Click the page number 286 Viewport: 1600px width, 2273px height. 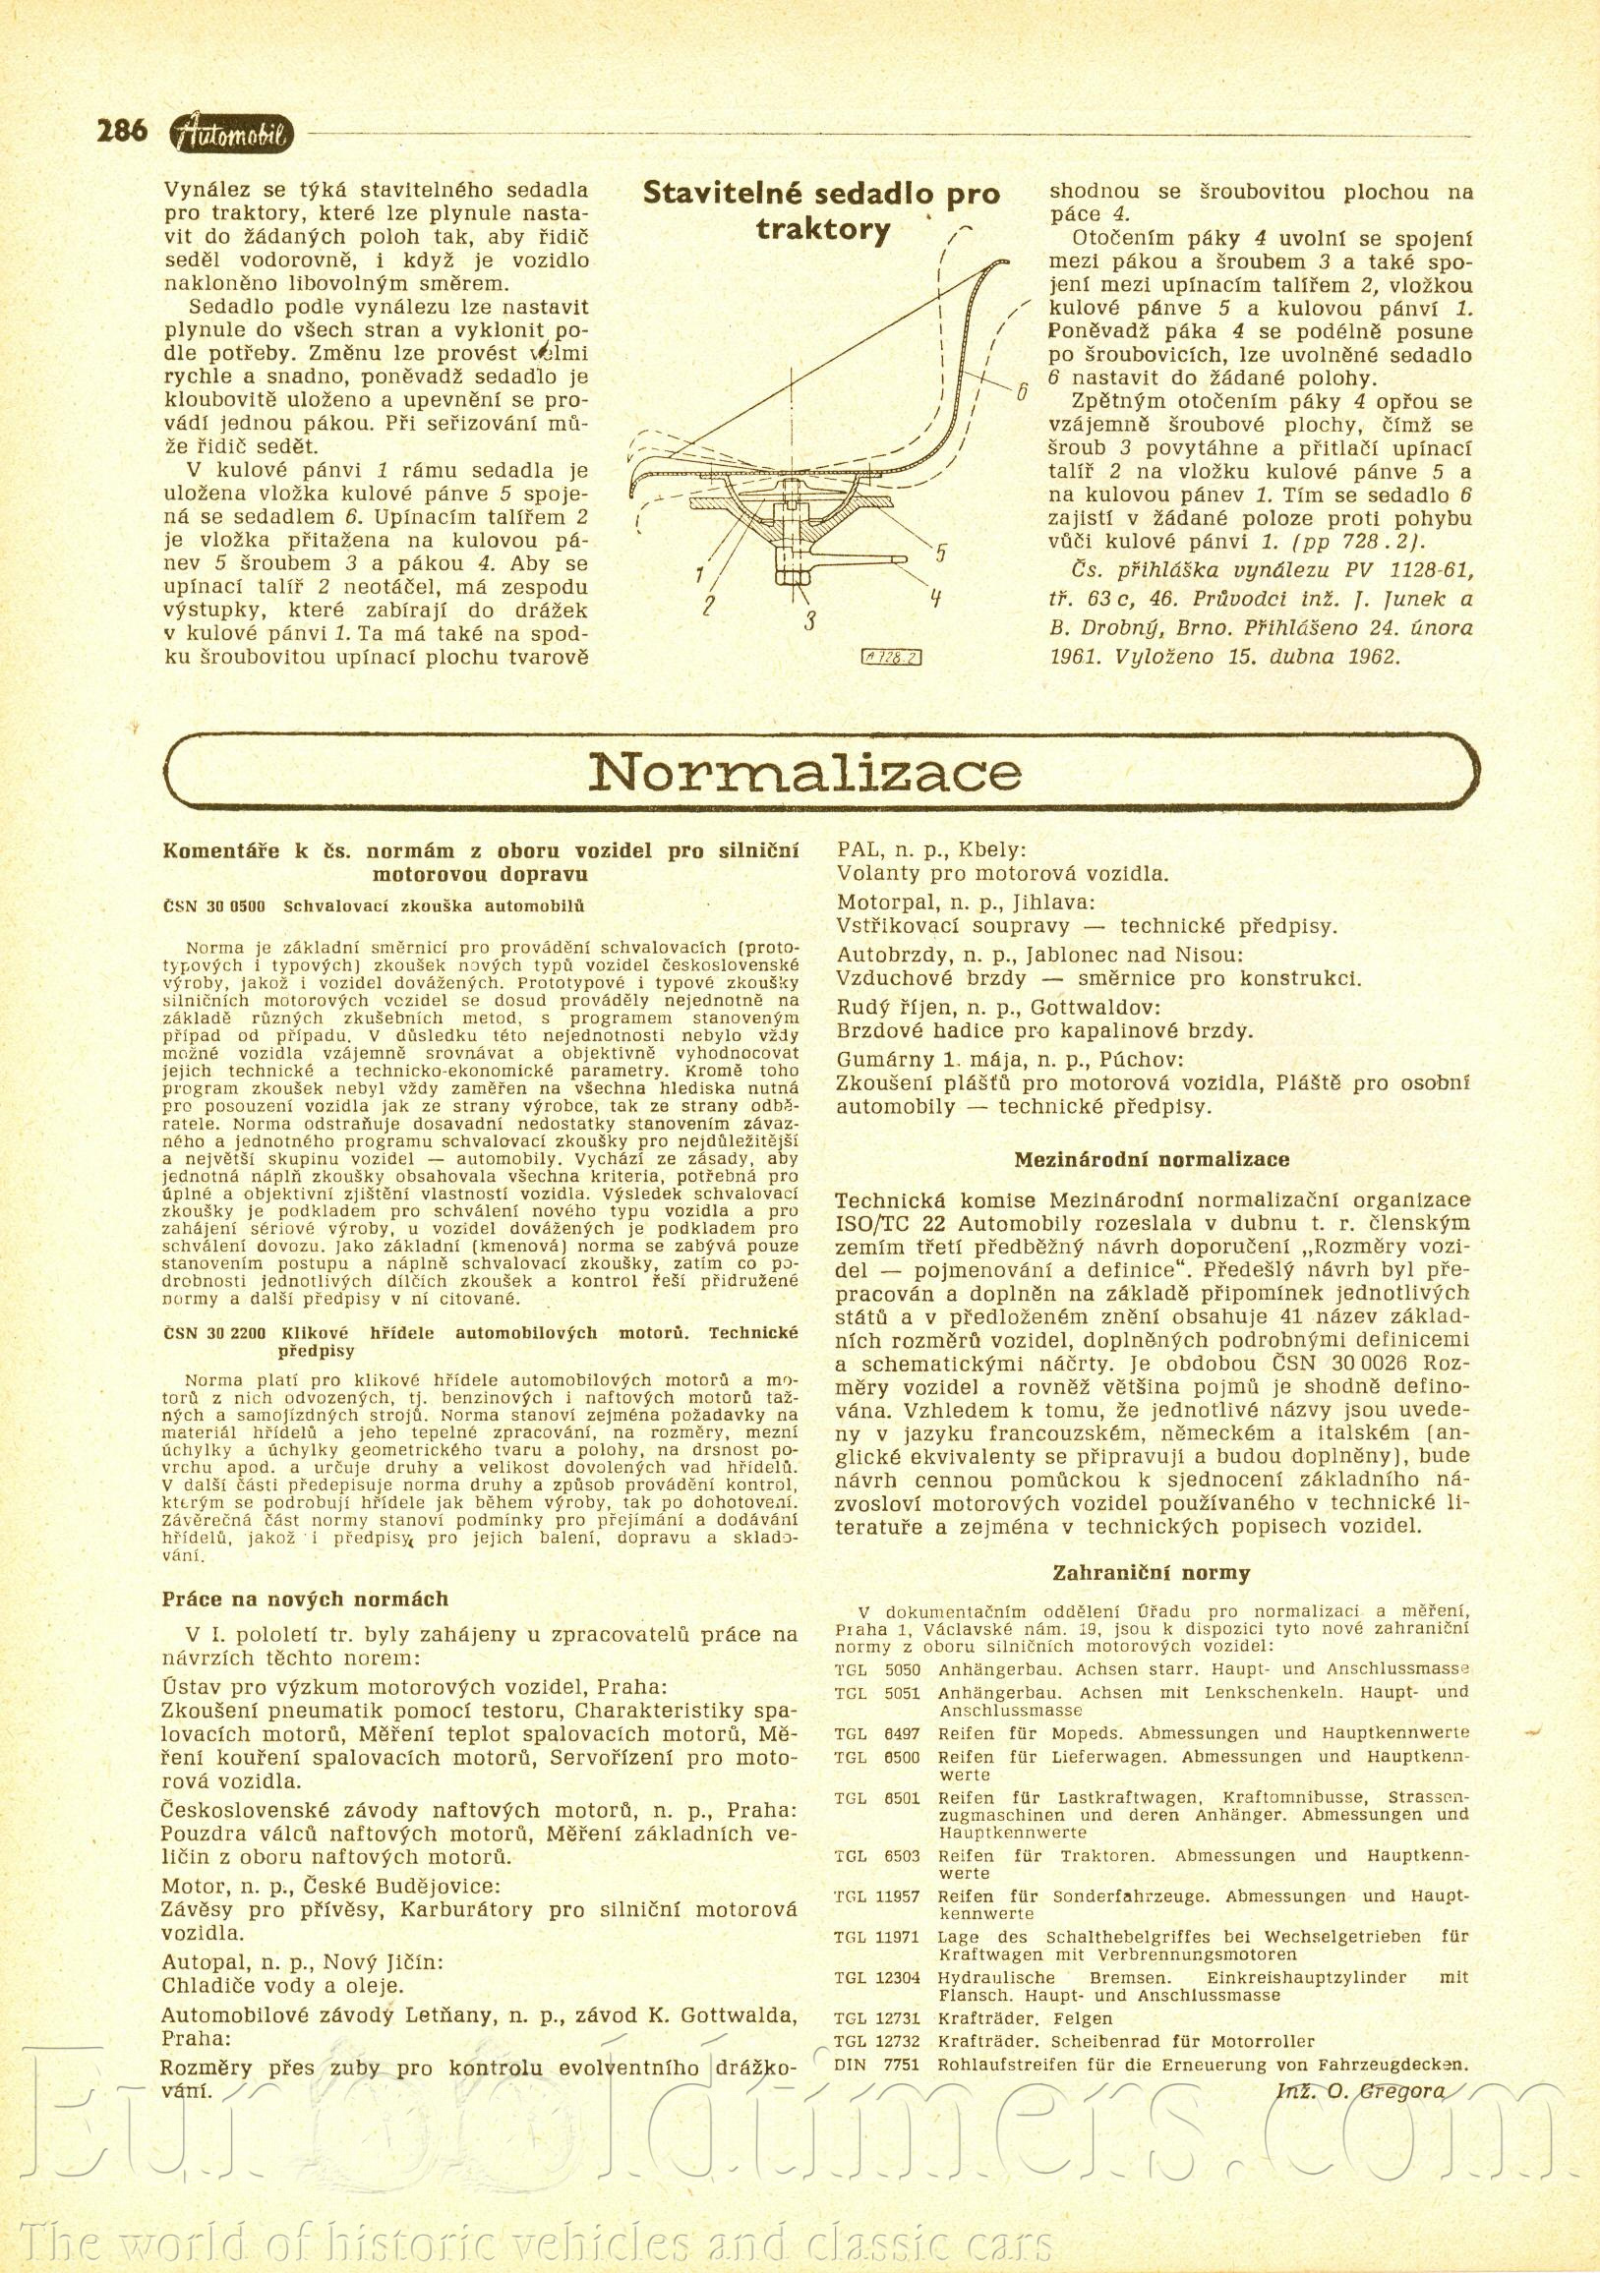pos(122,131)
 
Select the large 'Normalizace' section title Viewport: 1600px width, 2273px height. pos(803,774)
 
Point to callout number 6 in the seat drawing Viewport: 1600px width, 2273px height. pos(1021,392)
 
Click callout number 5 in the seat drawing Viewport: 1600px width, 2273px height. pos(939,554)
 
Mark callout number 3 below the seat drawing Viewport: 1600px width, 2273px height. pos(809,623)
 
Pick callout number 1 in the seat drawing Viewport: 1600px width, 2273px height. pos(700,574)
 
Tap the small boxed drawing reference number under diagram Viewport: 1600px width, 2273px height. pos(891,657)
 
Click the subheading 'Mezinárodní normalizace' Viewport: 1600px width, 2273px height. pos(1153,1159)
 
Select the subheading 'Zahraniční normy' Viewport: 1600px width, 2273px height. pos(1152,1573)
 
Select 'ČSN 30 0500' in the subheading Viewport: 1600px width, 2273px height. pos(213,905)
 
